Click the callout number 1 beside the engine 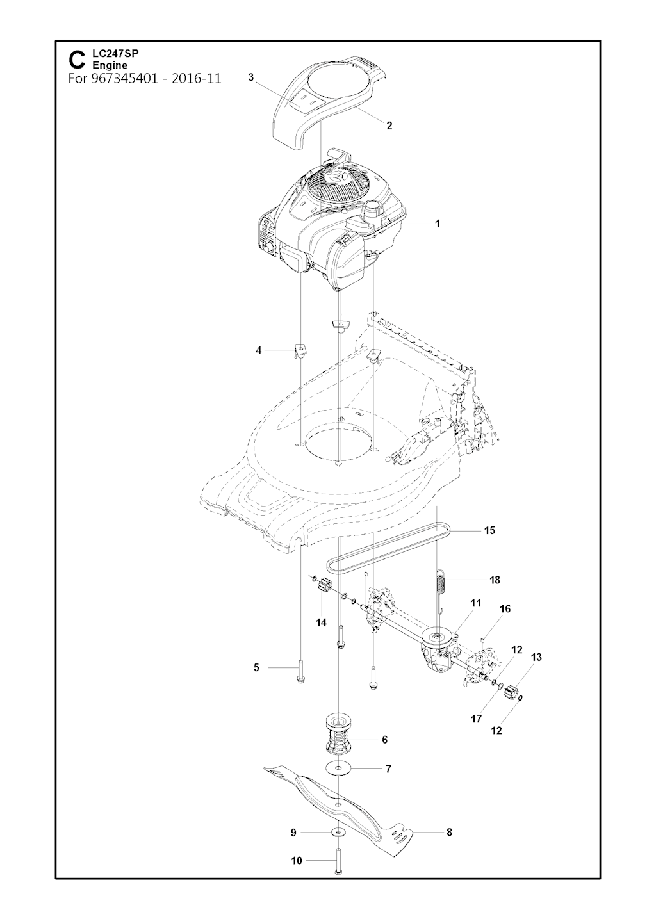click(x=437, y=224)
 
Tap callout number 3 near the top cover click(x=251, y=77)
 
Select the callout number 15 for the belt click(x=489, y=530)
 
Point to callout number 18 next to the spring click(x=495, y=580)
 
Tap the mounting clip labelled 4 click(x=300, y=351)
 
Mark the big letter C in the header click(x=77, y=60)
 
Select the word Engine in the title click(x=110, y=65)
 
